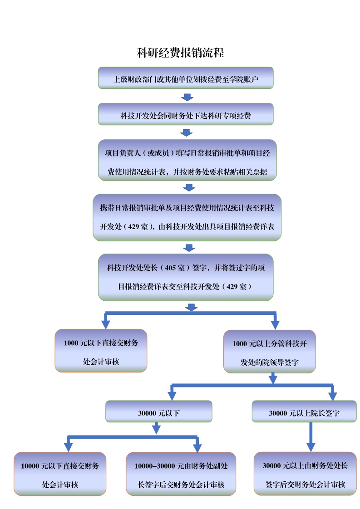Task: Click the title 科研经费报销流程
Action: tap(180, 53)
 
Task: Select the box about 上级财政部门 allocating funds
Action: tap(186, 78)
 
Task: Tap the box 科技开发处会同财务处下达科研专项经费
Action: tap(186, 114)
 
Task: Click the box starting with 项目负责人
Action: tap(187, 161)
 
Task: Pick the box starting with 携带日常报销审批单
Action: tap(187, 217)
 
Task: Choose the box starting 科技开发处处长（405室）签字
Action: tap(186, 277)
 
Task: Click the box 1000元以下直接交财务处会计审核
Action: tap(101, 351)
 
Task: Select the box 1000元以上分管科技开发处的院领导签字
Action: tap(270, 351)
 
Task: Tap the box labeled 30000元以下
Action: tap(158, 411)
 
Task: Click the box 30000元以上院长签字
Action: tap(304, 411)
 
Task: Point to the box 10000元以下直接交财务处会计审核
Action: tap(60, 474)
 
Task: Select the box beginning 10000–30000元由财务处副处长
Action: tap(181, 474)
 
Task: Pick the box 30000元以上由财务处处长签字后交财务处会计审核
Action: tap(305, 473)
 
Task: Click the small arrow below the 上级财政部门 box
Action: tap(187, 97)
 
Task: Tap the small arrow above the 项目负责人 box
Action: tap(187, 132)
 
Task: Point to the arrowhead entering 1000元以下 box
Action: tap(106, 324)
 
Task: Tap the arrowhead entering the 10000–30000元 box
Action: tap(197, 448)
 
